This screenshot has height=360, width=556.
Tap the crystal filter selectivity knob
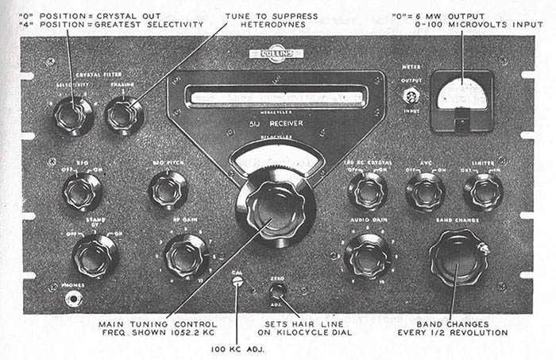pos(73,116)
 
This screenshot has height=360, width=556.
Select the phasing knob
pos(124,116)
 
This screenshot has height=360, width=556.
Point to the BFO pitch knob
pos(168,190)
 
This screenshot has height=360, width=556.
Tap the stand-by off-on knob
pos(95,256)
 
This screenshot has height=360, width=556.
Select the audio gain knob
pos(367,256)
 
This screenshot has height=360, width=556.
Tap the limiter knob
pos(483,191)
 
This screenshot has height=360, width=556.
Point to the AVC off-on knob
pos(425,192)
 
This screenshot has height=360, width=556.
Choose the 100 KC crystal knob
pos(368,191)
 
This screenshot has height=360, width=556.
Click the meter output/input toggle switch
pos(411,96)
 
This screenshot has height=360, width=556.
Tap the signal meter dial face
pos(462,95)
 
